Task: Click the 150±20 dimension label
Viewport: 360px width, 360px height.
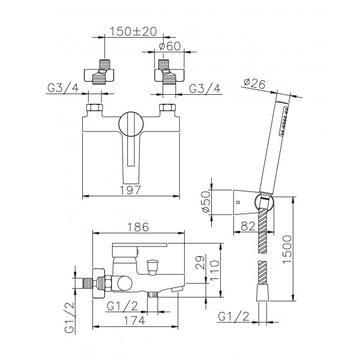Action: (133, 31)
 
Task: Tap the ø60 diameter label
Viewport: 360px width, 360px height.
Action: (170, 46)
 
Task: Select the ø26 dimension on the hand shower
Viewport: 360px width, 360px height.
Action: (254, 84)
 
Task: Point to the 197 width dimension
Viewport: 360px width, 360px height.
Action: (130, 190)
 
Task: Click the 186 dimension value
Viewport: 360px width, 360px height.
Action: (138, 227)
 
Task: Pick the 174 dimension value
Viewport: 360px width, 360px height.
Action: (134, 320)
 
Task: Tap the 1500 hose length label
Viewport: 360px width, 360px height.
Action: (287, 250)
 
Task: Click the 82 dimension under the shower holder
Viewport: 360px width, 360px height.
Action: (248, 226)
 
